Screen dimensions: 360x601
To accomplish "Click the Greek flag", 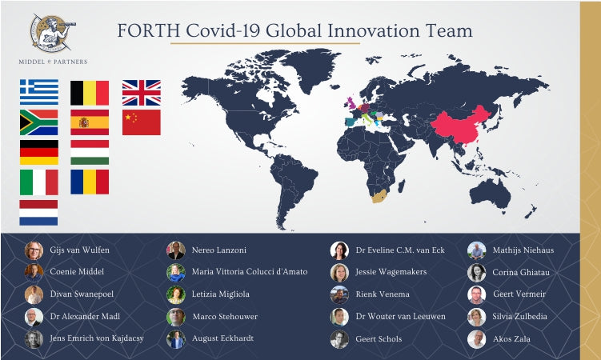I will [x=38, y=93].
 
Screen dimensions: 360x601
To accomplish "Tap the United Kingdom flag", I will [x=141, y=93].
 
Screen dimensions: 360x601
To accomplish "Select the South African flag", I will [x=38, y=122].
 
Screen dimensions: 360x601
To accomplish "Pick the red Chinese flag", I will [x=141, y=122].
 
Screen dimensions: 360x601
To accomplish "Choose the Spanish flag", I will [x=90, y=122].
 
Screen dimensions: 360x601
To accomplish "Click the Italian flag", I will [x=38, y=182].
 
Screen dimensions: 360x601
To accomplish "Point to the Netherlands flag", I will [x=38, y=213].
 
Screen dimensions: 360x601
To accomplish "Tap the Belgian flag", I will [x=90, y=93].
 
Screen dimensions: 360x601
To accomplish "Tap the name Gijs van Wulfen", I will [x=80, y=250].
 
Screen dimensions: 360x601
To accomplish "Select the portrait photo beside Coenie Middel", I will [x=34, y=272].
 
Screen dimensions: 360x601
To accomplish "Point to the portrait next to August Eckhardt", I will [x=176, y=338].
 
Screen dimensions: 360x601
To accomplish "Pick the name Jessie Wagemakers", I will [x=391, y=272].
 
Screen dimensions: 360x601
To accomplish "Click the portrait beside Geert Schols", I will [x=339, y=338].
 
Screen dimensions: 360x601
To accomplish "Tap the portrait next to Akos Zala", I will [x=476, y=338].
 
